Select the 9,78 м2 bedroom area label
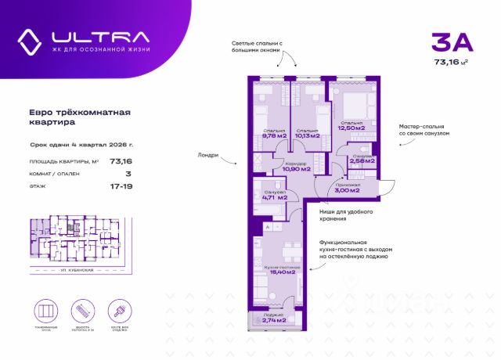point(274,135)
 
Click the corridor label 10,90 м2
point(295,168)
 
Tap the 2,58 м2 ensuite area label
point(362,160)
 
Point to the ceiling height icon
point(81,308)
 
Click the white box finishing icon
point(115,308)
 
